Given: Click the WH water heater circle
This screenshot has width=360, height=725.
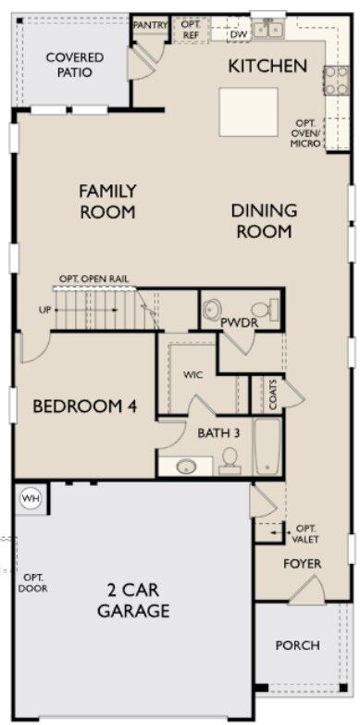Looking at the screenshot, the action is point(31,498).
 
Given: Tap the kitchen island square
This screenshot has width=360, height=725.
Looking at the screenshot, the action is point(249,112).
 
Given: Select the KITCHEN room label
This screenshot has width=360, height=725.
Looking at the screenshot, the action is point(267,66).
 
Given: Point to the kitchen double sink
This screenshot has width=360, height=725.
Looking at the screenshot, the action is point(268,30).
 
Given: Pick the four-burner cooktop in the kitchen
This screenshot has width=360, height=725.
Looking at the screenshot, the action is point(337,81).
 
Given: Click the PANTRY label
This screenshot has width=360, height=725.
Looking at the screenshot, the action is point(150,25).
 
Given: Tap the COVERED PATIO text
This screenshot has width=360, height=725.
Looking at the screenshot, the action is point(68,65).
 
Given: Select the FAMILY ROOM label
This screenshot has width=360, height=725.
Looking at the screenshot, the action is point(107,201).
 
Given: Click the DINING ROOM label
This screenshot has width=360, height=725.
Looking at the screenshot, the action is point(264,221).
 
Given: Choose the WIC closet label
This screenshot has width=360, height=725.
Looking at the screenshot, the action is point(193,374).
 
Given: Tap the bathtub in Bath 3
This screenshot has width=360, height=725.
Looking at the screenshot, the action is point(267,445).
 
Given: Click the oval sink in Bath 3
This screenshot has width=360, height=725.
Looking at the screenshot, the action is point(186,466).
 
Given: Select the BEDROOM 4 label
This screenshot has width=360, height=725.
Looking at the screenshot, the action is point(85,406).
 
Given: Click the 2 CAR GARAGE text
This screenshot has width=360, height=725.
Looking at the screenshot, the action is point(133,601).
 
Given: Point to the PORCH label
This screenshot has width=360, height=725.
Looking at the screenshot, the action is point(297,645).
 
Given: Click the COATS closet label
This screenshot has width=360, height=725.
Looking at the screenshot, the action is point(273,395).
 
